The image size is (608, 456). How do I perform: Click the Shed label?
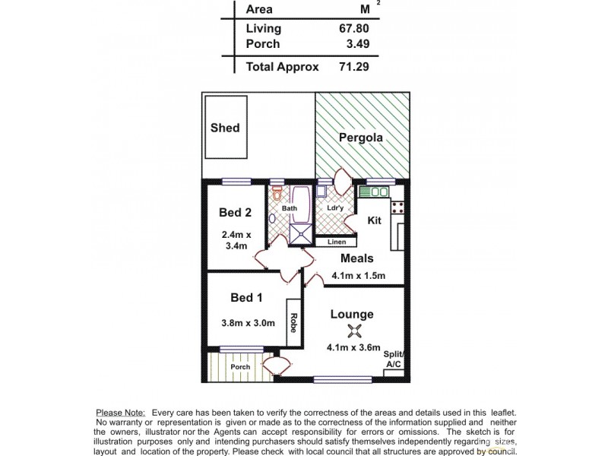[x=225, y=128]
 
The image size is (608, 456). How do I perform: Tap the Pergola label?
[x=361, y=138]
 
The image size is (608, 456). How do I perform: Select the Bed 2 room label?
[x=236, y=212]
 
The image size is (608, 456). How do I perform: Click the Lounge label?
[x=352, y=314]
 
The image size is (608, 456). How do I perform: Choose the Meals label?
[x=356, y=258]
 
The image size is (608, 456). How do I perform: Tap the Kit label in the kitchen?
[x=374, y=220]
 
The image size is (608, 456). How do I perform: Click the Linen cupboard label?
[x=336, y=242]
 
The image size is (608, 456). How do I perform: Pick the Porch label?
[x=240, y=367]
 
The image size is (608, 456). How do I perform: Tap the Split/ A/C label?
[x=394, y=359]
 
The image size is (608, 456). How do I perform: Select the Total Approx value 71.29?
[x=355, y=66]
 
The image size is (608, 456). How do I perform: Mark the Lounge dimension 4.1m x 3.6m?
[x=354, y=349]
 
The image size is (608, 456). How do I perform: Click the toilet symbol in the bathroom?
[x=278, y=191]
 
